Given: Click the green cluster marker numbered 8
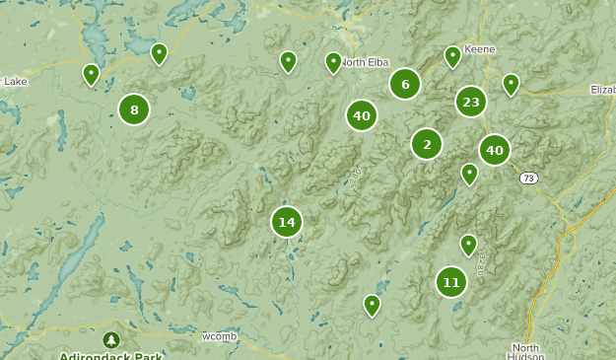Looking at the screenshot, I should (x=134, y=109).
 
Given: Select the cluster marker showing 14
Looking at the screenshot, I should (x=286, y=222).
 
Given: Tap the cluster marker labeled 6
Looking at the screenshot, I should (x=404, y=84).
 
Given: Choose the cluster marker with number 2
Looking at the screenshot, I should (x=426, y=144).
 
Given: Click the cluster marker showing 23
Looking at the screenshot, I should (x=470, y=101).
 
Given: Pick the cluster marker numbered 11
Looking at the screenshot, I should (x=450, y=282).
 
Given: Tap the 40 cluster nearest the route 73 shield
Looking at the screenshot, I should (x=494, y=150).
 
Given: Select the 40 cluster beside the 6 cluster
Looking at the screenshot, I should (x=362, y=115).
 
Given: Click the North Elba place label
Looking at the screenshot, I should (x=368, y=63).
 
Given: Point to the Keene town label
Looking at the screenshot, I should (x=479, y=48).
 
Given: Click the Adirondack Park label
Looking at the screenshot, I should (x=110, y=355).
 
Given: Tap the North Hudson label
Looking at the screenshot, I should (x=527, y=352).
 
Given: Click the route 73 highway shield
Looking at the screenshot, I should (x=530, y=178).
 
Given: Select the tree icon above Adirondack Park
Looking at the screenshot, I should (x=110, y=339).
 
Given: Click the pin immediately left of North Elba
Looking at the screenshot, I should (x=333, y=62).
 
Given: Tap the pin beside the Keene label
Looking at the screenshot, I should (x=452, y=55).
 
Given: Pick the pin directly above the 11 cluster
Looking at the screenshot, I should (x=468, y=244).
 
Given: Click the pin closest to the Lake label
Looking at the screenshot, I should (x=91, y=74).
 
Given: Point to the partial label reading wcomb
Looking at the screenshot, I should (x=219, y=336).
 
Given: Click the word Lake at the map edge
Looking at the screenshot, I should (x=14, y=82).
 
